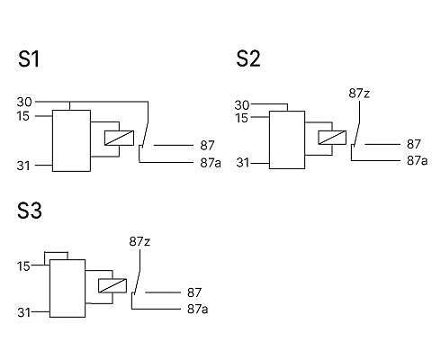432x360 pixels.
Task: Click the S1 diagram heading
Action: pos(29,58)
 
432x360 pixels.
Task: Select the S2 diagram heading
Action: pos(248,58)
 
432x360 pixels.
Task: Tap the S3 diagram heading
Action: pos(30,211)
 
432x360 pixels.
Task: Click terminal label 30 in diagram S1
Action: pos(24,102)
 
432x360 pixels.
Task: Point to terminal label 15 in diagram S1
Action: pos(23,116)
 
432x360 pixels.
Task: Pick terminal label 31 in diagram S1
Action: pos(23,166)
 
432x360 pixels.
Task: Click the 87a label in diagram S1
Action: pos(211,163)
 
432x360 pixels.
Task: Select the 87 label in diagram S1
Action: pos(207,146)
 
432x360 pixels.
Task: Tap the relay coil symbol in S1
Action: pos(119,138)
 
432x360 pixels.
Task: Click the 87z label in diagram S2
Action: pos(359,94)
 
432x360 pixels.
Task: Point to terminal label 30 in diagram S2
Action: pos(242,105)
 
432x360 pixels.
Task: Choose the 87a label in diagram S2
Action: pos(418,161)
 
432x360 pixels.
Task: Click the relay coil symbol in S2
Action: pos(332,138)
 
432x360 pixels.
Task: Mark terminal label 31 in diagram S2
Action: pos(243,163)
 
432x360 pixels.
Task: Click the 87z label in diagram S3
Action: pos(139,241)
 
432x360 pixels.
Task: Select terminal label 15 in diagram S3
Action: pos(23,266)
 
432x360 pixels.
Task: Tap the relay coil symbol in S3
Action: pos(112,285)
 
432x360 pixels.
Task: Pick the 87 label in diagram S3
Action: pos(194,292)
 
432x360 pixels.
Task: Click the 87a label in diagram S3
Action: pos(198,309)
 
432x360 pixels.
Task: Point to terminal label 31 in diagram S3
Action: pos(24,312)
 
